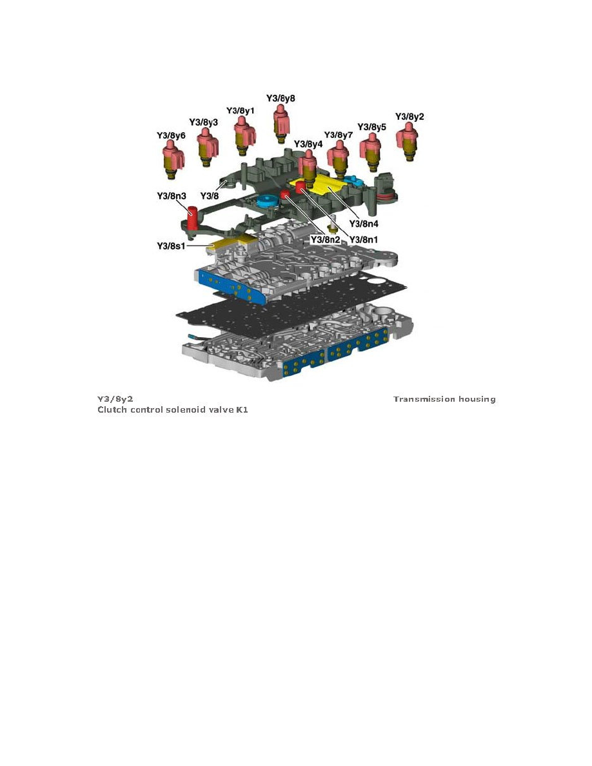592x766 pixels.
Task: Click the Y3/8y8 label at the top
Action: coord(281,99)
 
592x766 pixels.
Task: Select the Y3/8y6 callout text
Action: coord(171,135)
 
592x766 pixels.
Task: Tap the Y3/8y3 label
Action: coord(203,122)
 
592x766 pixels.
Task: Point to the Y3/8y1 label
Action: coord(240,110)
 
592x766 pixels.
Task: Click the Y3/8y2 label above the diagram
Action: coord(409,117)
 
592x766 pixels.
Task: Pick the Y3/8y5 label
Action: coord(372,127)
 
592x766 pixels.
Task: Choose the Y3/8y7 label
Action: coord(339,135)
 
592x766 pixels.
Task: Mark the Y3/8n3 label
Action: coord(172,195)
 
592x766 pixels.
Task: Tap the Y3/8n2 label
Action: coord(326,239)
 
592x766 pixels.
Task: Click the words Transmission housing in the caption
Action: coord(444,399)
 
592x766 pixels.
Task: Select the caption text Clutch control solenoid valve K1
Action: coord(173,409)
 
